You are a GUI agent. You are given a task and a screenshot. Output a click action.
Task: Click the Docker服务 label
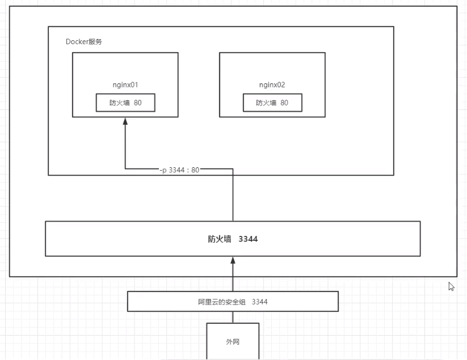[84, 42]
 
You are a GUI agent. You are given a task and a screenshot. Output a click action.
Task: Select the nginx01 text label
[125, 85]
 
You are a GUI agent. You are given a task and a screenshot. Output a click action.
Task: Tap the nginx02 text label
[272, 85]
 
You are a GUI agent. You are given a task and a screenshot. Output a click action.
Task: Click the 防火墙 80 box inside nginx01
[125, 103]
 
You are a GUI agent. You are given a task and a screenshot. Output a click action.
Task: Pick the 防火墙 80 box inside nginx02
[272, 103]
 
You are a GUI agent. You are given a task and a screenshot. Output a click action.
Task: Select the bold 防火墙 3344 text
[233, 239]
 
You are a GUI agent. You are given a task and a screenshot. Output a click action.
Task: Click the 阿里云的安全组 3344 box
[233, 302]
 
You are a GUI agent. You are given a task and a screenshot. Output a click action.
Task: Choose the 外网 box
[233, 341]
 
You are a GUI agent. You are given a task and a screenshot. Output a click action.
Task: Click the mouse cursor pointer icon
[452, 286]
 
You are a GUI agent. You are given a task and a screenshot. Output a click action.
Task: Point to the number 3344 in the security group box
[259, 302]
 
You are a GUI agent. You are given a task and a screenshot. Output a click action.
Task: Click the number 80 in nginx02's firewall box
[284, 103]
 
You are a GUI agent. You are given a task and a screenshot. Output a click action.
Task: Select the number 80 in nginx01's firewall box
[137, 103]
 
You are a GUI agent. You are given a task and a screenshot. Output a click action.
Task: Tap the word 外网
[233, 342]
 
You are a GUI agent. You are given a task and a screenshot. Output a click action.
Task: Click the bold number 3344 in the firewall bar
[248, 239]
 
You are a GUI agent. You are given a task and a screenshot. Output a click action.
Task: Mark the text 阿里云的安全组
[218, 302]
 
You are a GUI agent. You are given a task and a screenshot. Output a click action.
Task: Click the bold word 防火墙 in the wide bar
[220, 239]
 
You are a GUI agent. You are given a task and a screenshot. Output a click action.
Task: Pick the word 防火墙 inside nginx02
[266, 103]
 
